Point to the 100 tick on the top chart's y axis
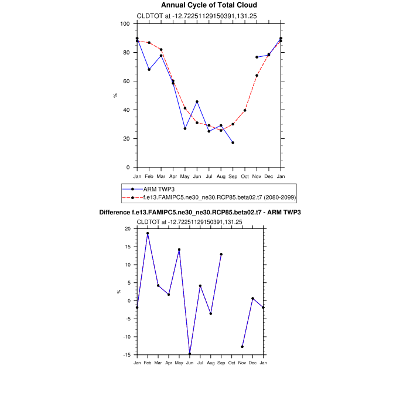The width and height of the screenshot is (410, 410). click(x=125, y=24)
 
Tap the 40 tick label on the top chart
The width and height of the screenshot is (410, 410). click(x=126, y=110)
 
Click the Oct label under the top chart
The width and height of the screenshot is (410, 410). click(x=245, y=176)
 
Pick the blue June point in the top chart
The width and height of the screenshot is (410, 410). click(x=197, y=102)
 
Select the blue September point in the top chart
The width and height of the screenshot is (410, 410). click(x=233, y=143)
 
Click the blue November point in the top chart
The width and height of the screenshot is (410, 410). click(x=257, y=57)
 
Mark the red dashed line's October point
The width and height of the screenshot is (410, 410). click(x=245, y=110)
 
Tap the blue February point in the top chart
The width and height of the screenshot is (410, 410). click(x=149, y=70)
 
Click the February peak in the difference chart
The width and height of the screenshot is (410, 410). click(x=148, y=233)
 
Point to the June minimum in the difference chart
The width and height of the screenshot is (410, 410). click(x=190, y=354)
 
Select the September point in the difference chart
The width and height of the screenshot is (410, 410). click(x=221, y=254)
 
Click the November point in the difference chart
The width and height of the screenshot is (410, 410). click(x=242, y=347)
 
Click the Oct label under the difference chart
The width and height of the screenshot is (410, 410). click(x=232, y=364)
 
